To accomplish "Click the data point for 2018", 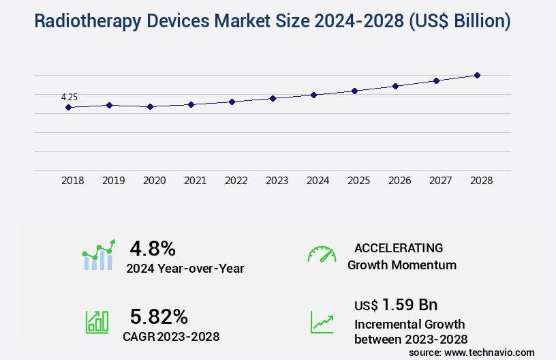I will coord(68,107).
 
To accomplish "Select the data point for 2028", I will coord(477,75).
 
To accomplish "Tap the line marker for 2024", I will coord(313,95).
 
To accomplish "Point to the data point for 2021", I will coord(191,104).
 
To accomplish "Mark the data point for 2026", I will coord(395,86).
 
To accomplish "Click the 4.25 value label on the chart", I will coord(69,97).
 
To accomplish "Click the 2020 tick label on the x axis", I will coord(154,181).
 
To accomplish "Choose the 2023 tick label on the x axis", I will coord(277,181).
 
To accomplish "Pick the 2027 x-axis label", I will coord(440,181).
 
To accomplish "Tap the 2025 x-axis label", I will coord(358,181).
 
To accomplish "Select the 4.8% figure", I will coord(153,247).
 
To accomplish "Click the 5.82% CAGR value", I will coord(159,316).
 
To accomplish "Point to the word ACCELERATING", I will coord(399,247).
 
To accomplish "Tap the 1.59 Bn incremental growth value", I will coord(410,304).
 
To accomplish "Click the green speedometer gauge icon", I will coord(322,254).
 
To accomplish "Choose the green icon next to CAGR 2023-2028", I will coord(97,321).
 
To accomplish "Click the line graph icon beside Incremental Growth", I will coord(322,321).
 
